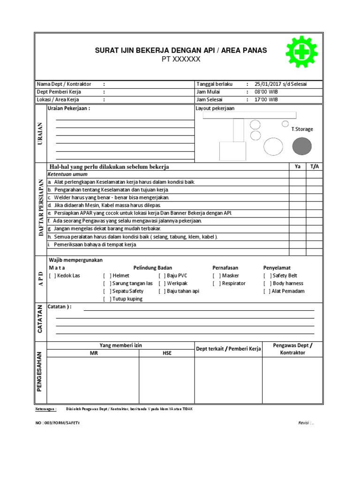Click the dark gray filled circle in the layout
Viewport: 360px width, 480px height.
[x=301, y=147]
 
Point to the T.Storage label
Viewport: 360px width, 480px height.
[x=302, y=129]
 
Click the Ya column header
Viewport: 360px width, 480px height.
[x=298, y=166]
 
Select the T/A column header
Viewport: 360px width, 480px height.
[x=315, y=166]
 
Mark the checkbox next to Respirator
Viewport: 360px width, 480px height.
[x=217, y=283]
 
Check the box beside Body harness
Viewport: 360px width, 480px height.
[x=267, y=283]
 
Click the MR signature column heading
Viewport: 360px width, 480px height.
[x=93, y=352]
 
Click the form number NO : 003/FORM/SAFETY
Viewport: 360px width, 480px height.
[x=58, y=423]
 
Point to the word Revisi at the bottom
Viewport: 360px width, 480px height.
[x=304, y=423]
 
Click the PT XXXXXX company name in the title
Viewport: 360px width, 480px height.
[x=181, y=59]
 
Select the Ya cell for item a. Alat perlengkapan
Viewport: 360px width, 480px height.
[x=298, y=181]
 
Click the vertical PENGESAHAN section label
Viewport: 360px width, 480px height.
[x=40, y=371]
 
